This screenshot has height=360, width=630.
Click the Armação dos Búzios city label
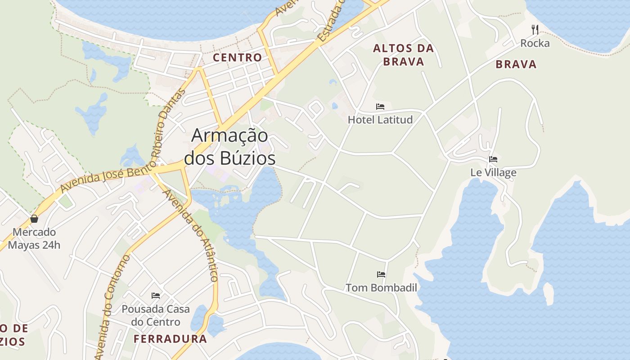230,147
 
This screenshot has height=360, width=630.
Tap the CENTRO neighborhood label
237,58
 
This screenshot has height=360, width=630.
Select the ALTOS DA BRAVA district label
403,55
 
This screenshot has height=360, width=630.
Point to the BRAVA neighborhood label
516,64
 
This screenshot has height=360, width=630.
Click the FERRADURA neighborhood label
170,339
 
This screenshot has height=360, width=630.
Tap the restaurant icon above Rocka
535,30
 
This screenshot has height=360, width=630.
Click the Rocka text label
535,43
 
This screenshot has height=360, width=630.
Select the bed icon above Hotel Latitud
380,107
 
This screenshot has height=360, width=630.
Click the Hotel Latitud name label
380,120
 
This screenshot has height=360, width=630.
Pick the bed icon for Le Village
493,159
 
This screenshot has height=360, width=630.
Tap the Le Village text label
493,172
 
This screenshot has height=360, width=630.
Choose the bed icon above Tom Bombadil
381,274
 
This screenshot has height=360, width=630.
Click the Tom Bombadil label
381,288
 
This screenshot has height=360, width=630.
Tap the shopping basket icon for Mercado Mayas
34,219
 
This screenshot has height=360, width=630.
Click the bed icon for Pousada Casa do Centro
156,296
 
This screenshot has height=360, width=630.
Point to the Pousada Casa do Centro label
156,315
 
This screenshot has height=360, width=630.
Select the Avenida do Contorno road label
112,306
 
